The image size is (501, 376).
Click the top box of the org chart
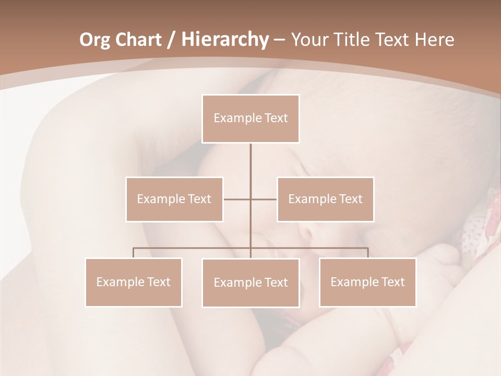click(x=250, y=119)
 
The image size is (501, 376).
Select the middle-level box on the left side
click(x=174, y=199)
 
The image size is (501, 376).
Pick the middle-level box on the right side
click(x=325, y=199)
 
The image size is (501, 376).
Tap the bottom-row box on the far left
click(x=134, y=282)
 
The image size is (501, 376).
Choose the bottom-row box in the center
click(x=250, y=283)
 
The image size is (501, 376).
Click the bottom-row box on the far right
click(x=367, y=282)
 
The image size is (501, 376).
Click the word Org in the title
click(x=94, y=40)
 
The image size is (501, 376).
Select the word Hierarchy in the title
click(x=225, y=40)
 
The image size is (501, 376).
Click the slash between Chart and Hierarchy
click(x=172, y=40)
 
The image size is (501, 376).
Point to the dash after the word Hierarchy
click(x=279, y=40)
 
